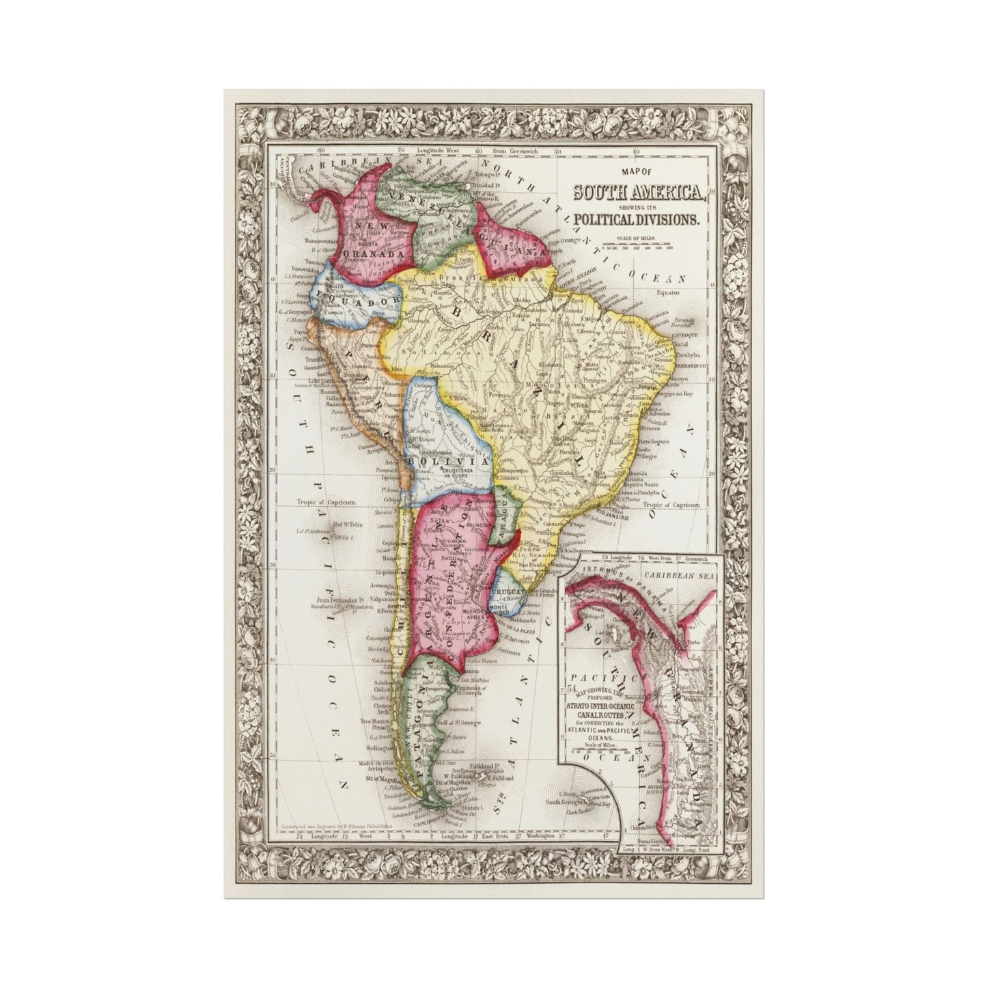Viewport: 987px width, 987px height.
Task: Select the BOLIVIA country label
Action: tap(428, 460)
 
